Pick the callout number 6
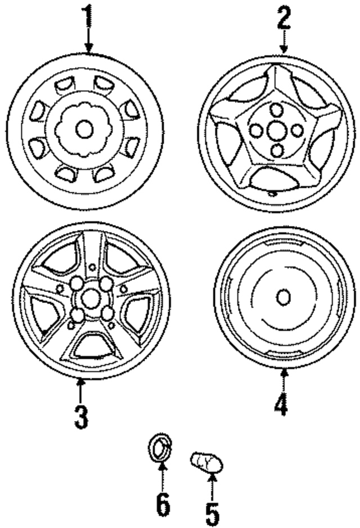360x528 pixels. pos(163,505)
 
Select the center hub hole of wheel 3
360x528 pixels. pos(90,299)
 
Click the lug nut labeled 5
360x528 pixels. pos(206,463)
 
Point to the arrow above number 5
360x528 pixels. pos(213,484)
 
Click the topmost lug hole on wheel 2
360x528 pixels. pos(276,109)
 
